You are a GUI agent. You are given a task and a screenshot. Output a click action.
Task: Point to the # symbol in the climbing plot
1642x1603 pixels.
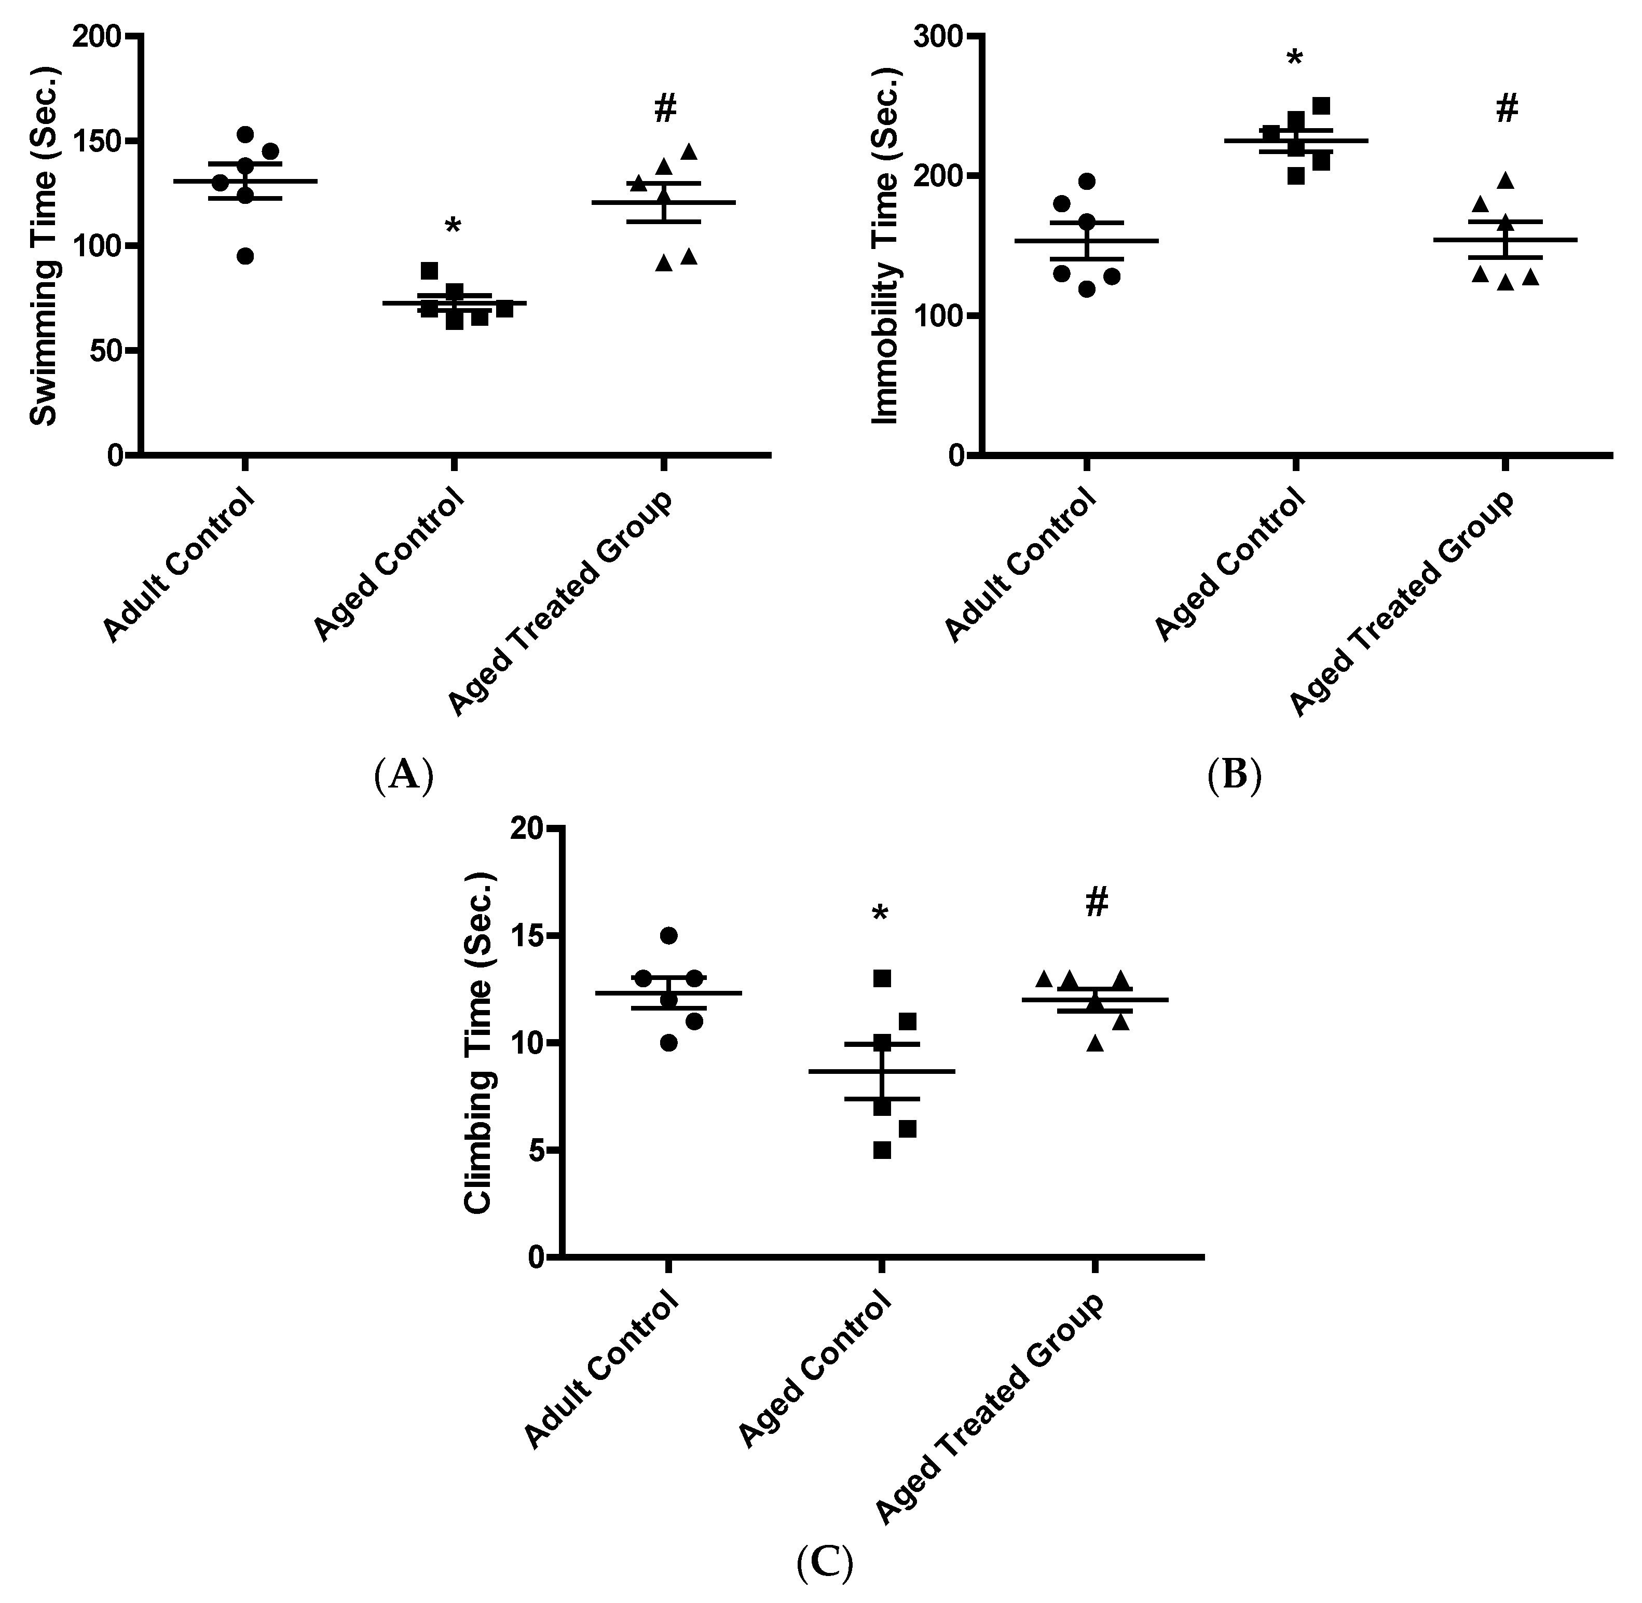[1097, 903]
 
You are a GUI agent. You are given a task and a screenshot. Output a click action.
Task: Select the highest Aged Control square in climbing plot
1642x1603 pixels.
[882, 978]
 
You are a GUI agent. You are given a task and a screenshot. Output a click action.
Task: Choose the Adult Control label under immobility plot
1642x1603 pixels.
[1021, 566]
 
